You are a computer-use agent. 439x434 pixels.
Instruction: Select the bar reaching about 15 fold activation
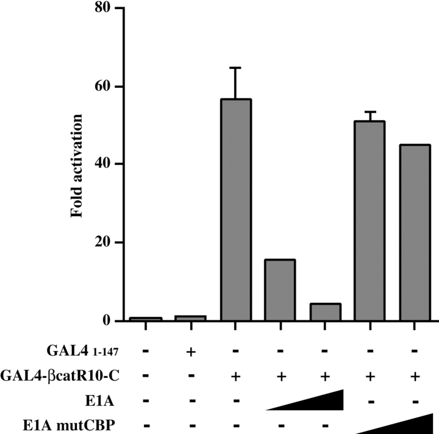(x=280, y=290)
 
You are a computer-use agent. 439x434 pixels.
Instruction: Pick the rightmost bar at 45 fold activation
(x=415, y=233)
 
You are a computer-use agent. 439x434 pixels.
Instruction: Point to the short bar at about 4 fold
(x=325, y=312)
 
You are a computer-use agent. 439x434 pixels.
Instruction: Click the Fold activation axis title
(x=77, y=164)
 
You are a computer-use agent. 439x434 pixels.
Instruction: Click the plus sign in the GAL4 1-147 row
(x=191, y=353)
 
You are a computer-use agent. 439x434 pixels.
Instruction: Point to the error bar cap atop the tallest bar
(x=236, y=68)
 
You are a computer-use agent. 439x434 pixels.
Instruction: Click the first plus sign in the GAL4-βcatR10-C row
(x=236, y=376)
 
